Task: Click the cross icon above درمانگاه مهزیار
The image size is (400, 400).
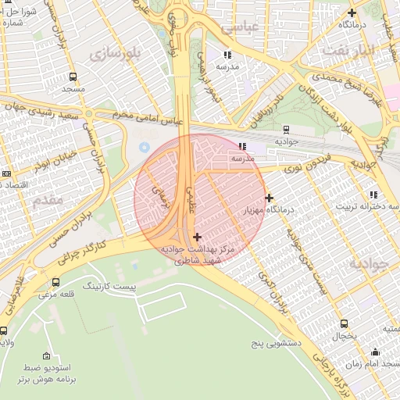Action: [270, 198]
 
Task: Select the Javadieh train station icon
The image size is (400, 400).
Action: [286, 130]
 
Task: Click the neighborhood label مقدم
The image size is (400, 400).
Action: [48, 200]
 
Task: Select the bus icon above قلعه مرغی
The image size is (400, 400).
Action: [55, 282]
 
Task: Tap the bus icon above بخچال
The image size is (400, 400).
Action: [344, 323]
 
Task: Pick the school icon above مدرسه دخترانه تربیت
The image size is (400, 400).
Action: [373, 194]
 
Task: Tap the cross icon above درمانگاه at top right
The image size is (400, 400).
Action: [352, 12]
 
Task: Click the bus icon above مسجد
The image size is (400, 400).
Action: [73, 77]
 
